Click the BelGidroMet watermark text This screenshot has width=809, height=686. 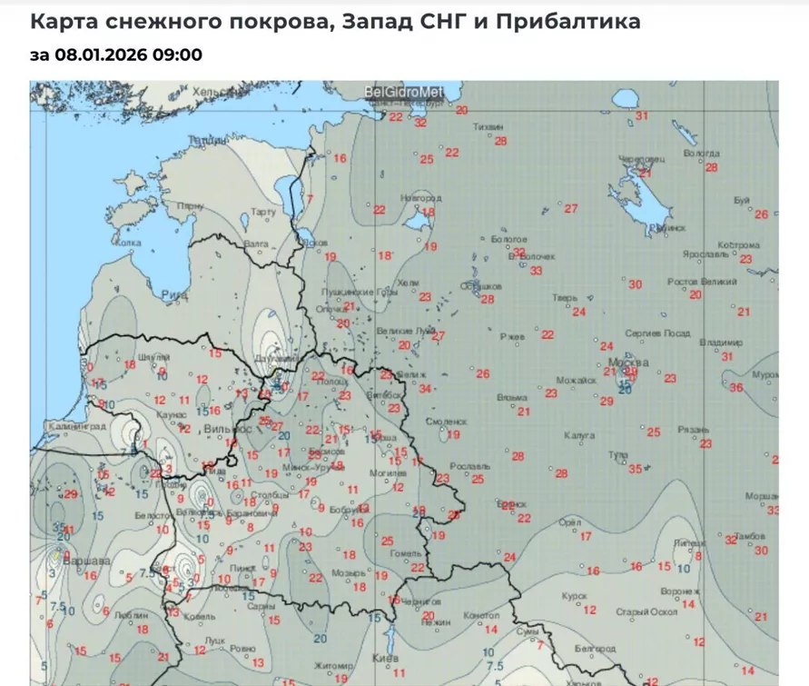(x=403, y=92)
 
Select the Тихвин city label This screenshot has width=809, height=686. (x=488, y=128)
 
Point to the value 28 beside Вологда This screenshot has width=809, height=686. (x=712, y=167)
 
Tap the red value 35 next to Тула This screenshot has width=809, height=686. (x=636, y=469)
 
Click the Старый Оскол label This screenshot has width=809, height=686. (x=647, y=611)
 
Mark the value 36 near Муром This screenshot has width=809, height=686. (x=736, y=388)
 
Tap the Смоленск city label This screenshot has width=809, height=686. (x=446, y=423)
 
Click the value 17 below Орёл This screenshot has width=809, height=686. (x=586, y=536)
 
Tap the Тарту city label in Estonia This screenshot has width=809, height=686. (x=262, y=212)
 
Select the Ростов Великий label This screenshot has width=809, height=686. (x=702, y=283)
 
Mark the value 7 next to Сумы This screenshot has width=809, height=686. (x=539, y=644)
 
